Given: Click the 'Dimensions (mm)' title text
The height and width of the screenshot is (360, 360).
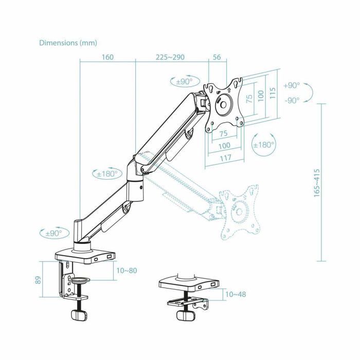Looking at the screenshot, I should click(68, 43).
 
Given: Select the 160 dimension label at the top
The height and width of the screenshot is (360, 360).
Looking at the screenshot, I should click(107, 58).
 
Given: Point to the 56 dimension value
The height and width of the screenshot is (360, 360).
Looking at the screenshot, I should click(216, 58).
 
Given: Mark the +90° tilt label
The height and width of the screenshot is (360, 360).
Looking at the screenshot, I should click(291, 86).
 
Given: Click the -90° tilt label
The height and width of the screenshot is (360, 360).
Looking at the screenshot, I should click(291, 100).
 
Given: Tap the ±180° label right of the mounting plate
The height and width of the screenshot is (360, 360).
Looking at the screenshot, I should click(264, 145).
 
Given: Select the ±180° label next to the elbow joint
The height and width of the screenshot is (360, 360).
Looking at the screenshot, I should click(107, 174).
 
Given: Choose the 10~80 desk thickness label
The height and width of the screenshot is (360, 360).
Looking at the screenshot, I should click(127, 271).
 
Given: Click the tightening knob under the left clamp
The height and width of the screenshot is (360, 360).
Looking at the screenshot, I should click(79, 315).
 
